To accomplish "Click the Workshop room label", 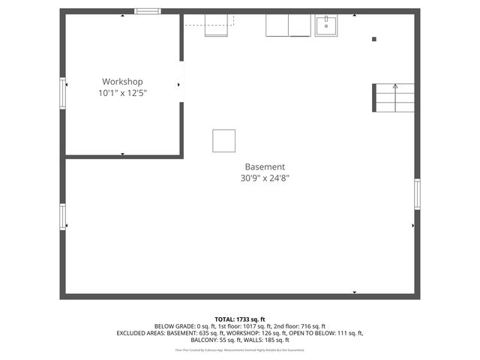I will coord(122,82).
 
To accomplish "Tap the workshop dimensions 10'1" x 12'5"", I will coord(122,94).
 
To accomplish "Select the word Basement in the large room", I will coord(265,166).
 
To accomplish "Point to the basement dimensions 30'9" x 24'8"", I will coord(265,178).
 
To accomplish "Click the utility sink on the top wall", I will coord(326,25).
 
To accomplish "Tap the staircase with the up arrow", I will coord(394,97).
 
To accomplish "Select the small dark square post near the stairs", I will coord(374,39).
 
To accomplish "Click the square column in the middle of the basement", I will coord(223,140).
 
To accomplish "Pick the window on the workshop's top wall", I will coord(147,11).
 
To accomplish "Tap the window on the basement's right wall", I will coord(417,193).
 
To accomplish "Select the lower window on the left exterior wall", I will coord(63,217).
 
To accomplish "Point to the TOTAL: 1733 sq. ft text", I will coord(239,319).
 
